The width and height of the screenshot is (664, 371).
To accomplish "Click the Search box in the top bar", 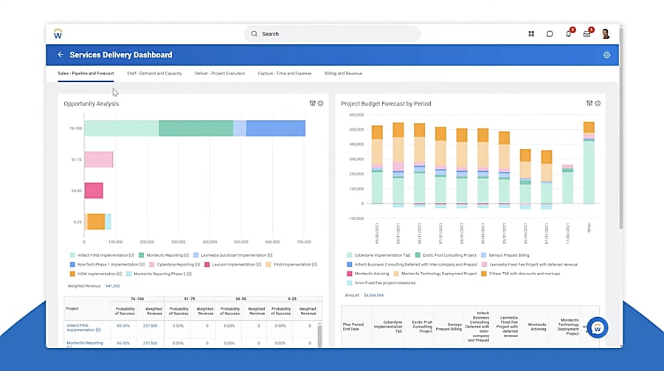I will (x=332, y=34).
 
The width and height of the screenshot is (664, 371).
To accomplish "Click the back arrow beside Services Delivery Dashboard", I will (x=60, y=55).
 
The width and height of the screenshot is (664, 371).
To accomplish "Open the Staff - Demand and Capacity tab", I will (x=154, y=74).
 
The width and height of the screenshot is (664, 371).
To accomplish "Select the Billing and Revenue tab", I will (x=343, y=74).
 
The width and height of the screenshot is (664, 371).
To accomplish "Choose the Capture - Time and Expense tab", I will (x=284, y=74).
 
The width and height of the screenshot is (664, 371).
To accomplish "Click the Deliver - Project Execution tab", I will (x=220, y=74).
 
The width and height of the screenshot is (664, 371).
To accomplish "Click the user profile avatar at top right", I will (x=605, y=34).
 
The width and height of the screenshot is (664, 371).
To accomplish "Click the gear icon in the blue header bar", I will (x=606, y=55).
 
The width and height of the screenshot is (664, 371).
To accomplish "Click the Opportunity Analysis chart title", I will (x=91, y=104).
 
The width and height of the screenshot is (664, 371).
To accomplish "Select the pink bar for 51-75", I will (x=98, y=159).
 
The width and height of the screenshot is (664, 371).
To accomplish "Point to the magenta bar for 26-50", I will (x=94, y=190).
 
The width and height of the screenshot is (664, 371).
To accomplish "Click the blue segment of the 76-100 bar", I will (x=275, y=128).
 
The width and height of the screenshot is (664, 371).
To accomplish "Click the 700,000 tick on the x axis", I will (x=304, y=242).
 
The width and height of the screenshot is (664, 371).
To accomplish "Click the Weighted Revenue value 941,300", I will (x=113, y=285).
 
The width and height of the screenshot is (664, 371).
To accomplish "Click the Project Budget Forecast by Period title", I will (x=386, y=104).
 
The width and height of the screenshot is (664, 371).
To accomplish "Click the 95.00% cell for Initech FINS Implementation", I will (x=123, y=325).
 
